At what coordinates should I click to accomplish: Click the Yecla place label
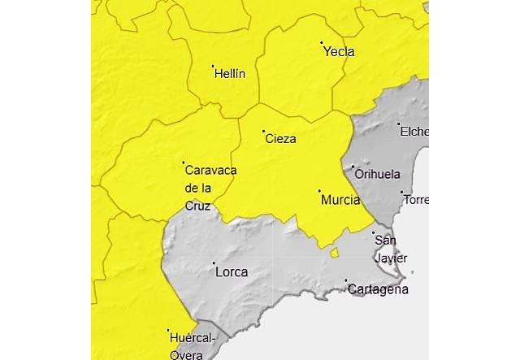point(339,52)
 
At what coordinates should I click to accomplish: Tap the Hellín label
point(230,74)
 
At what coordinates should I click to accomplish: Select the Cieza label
point(280,139)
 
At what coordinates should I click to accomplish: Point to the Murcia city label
point(340,200)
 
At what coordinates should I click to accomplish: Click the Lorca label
point(232,272)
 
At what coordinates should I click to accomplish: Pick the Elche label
point(414,132)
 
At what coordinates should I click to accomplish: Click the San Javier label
point(385,249)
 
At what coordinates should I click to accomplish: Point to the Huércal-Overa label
point(192,345)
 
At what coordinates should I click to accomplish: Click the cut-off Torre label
point(415,200)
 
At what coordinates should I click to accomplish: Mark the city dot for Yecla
point(322,42)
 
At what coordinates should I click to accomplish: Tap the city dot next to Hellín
point(213,66)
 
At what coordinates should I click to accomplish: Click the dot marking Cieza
point(263,131)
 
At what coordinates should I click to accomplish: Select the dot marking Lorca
point(214,263)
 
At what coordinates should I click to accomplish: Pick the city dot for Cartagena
point(346,281)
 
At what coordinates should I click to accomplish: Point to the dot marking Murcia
point(319,191)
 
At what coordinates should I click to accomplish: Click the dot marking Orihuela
point(353,167)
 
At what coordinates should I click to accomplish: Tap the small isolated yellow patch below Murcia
point(334,253)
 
